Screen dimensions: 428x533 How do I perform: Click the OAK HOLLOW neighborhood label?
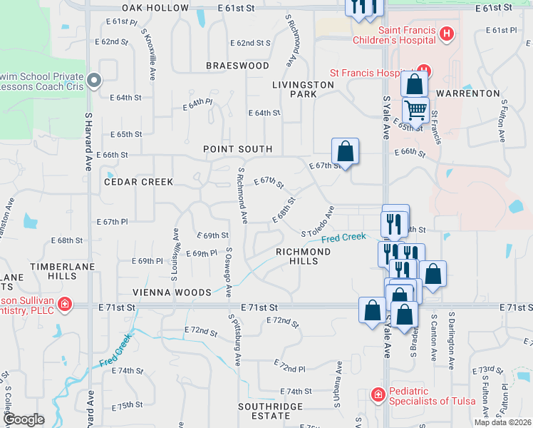click(x=155, y=8)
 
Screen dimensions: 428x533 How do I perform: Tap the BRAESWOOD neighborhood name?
click(x=237, y=66)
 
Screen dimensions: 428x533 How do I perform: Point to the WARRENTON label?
click(x=468, y=93)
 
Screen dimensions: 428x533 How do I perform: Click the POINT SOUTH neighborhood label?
click(x=238, y=149)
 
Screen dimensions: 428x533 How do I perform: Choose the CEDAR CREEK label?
click(x=138, y=182)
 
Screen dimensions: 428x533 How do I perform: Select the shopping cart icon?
click(x=415, y=110)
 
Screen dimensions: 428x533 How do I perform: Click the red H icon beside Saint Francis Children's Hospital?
click(x=446, y=33)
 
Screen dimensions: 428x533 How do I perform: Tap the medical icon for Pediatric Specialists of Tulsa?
click(x=377, y=394)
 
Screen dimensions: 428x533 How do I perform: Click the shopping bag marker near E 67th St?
click(x=345, y=151)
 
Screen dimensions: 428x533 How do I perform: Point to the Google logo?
click(x=24, y=419)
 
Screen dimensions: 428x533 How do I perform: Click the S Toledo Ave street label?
click(x=319, y=222)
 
